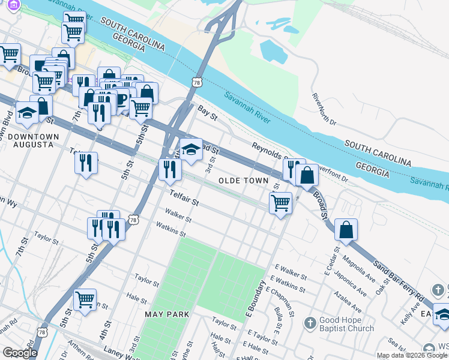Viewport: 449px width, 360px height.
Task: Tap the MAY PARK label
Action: coord(167,314)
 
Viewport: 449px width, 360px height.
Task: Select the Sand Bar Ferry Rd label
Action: coord(399,280)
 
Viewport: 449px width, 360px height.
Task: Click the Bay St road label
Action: coord(207,115)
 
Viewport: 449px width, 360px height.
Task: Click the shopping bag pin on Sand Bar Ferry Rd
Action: coord(346,230)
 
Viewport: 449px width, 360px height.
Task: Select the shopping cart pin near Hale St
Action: coord(85,300)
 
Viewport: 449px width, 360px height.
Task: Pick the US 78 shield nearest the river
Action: coord(197,82)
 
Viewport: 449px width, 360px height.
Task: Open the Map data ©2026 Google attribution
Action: coord(412,355)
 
